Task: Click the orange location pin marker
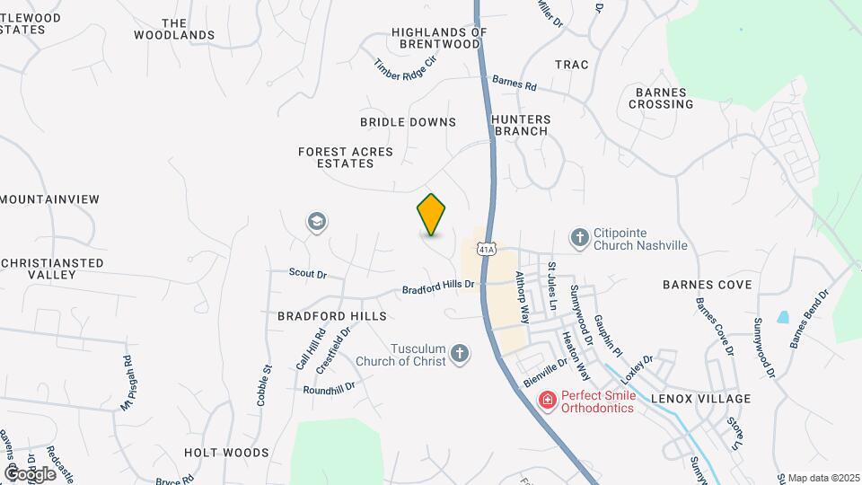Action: (x=432, y=215)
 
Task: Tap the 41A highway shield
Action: (x=486, y=249)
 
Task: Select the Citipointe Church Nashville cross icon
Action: (x=580, y=237)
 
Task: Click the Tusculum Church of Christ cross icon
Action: (x=459, y=353)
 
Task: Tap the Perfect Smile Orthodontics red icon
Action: (x=546, y=400)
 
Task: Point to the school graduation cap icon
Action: (x=316, y=221)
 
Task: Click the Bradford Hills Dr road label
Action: (x=437, y=287)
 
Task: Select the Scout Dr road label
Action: (x=308, y=272)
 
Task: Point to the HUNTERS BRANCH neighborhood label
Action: (x=520, y=124)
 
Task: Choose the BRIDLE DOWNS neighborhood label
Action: (x=408, y=122)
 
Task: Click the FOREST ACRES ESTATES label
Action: (x=346, y=158)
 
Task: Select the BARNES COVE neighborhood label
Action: (x=707, y=285)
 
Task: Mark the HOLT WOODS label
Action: (x=226, y=453)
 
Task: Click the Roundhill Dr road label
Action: (x=329, y=388)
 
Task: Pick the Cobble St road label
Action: (x=264, y=385)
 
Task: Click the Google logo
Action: (x=30, y=473)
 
